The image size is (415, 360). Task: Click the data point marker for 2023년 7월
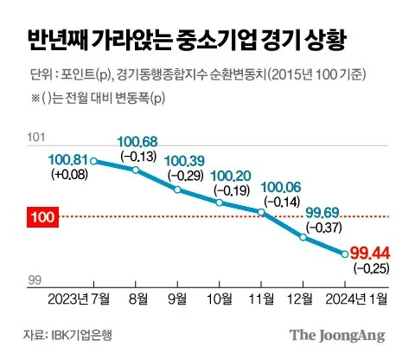[x=93, y=161]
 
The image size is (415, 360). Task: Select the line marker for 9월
[x=177, y=190]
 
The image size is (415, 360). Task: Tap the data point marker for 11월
[x=261, y=212]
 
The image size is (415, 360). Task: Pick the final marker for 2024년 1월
[x=345, y=254]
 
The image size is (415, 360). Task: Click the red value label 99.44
[x=370, y=254]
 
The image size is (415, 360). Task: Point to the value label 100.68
[x=137, y=142]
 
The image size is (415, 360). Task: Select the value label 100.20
[x=231, y=176]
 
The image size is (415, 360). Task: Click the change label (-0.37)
[x=324, y=228]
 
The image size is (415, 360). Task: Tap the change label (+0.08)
[x=69, y=175]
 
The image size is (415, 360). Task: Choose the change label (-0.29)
[x=186, y=175]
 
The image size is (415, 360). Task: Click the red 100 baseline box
[x=42, y=217]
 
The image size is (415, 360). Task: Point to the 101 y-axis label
[x=36, y=138]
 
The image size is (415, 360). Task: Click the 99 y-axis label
[x=35, y=280]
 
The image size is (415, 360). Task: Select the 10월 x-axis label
[x=220, y=299]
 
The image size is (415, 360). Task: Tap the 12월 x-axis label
[x=300, y=299]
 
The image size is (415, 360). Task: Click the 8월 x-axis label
[x=138, y=299]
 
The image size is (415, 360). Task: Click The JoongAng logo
[x=337, y=336]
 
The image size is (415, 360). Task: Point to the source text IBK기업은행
[x=81, y=335]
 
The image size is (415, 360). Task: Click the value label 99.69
[x=322, y=213]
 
